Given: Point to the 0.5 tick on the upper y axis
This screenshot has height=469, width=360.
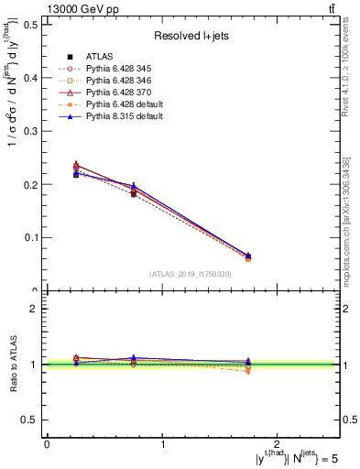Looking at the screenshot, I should (29, 25).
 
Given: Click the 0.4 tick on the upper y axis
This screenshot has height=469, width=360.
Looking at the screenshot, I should (29, 78).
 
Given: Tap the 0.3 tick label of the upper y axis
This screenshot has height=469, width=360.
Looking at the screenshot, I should (29, 131).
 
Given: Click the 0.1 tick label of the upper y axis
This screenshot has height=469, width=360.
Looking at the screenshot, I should (29, 237).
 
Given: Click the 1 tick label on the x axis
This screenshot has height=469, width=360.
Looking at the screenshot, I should (163, 443).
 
